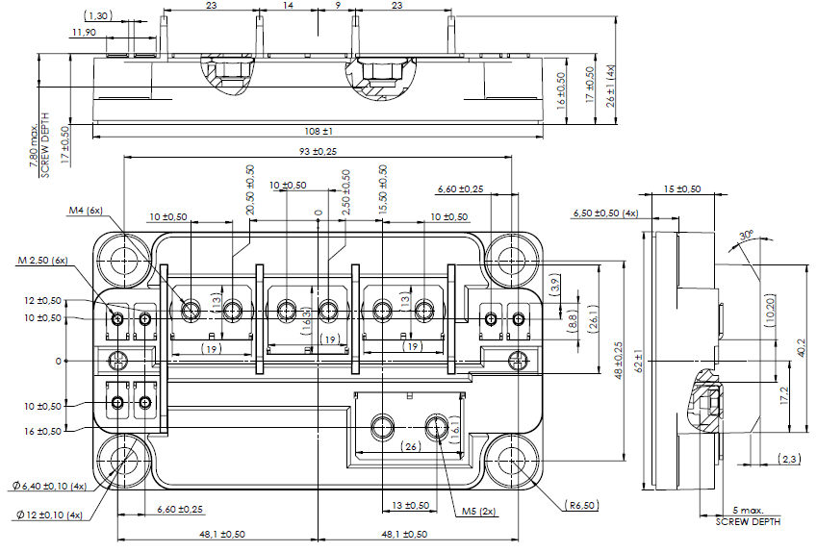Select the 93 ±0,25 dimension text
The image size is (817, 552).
[318, 152]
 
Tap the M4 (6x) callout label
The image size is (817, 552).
[85, 211]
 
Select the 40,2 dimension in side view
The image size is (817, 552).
[802, 347]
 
